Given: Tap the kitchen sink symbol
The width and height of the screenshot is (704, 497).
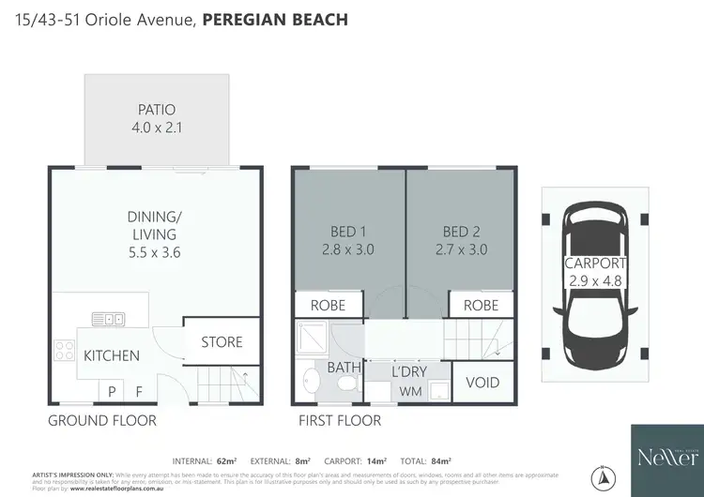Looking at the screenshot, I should tap(108, 319).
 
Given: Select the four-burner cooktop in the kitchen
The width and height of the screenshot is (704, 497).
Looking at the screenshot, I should tap(65, 351).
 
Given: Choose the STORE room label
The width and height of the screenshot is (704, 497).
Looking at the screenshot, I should tap(222, 342).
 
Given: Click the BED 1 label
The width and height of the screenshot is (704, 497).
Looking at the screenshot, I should tap(348, 232).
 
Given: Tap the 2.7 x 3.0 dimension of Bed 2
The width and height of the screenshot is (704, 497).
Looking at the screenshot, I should tap(460, 249).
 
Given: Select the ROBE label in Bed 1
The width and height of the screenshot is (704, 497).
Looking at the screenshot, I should tap(327, 305).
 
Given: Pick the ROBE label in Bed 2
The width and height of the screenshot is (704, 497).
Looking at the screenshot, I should tap(481, 305).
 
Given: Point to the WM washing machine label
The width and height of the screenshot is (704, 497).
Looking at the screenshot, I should tap(409, 391).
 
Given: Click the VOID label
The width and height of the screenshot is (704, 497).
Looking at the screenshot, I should tap(482, 383).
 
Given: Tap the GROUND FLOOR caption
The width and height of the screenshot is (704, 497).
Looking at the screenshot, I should tap(101, 421).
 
